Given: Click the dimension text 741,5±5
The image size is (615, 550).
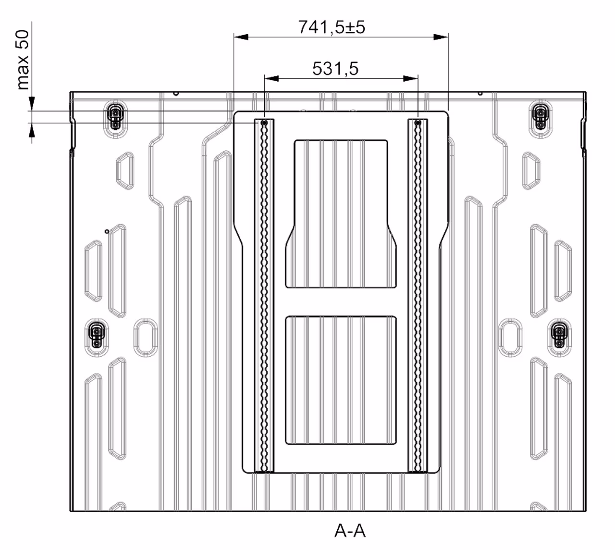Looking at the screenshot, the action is (332, 27).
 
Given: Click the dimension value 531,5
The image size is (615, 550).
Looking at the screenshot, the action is (335, 68).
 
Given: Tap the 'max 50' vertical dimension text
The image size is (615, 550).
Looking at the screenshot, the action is (23, 60).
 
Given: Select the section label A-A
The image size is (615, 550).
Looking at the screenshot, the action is (350, 531).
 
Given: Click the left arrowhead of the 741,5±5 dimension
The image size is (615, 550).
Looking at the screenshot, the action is (241, 37).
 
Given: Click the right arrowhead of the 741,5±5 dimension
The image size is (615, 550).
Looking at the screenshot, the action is (441, 37).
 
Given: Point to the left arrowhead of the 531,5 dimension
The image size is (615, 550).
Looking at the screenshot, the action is (271, 79).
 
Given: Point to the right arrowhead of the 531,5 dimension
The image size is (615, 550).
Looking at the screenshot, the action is (411, 79).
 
